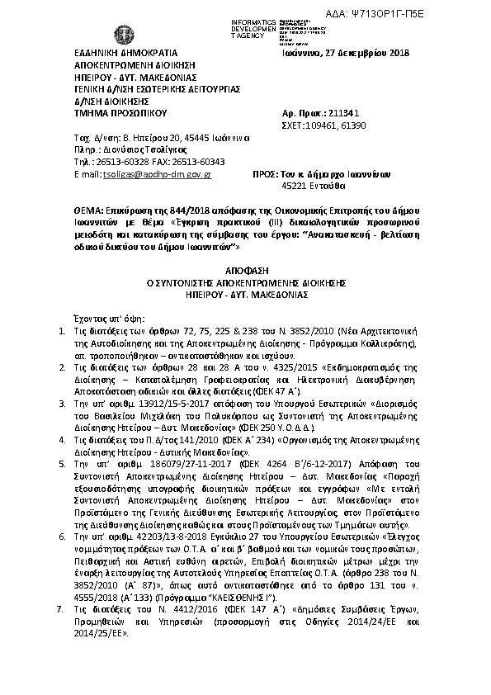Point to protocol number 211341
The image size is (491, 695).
[343, 111]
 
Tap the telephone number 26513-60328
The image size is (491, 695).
[115, 163]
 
